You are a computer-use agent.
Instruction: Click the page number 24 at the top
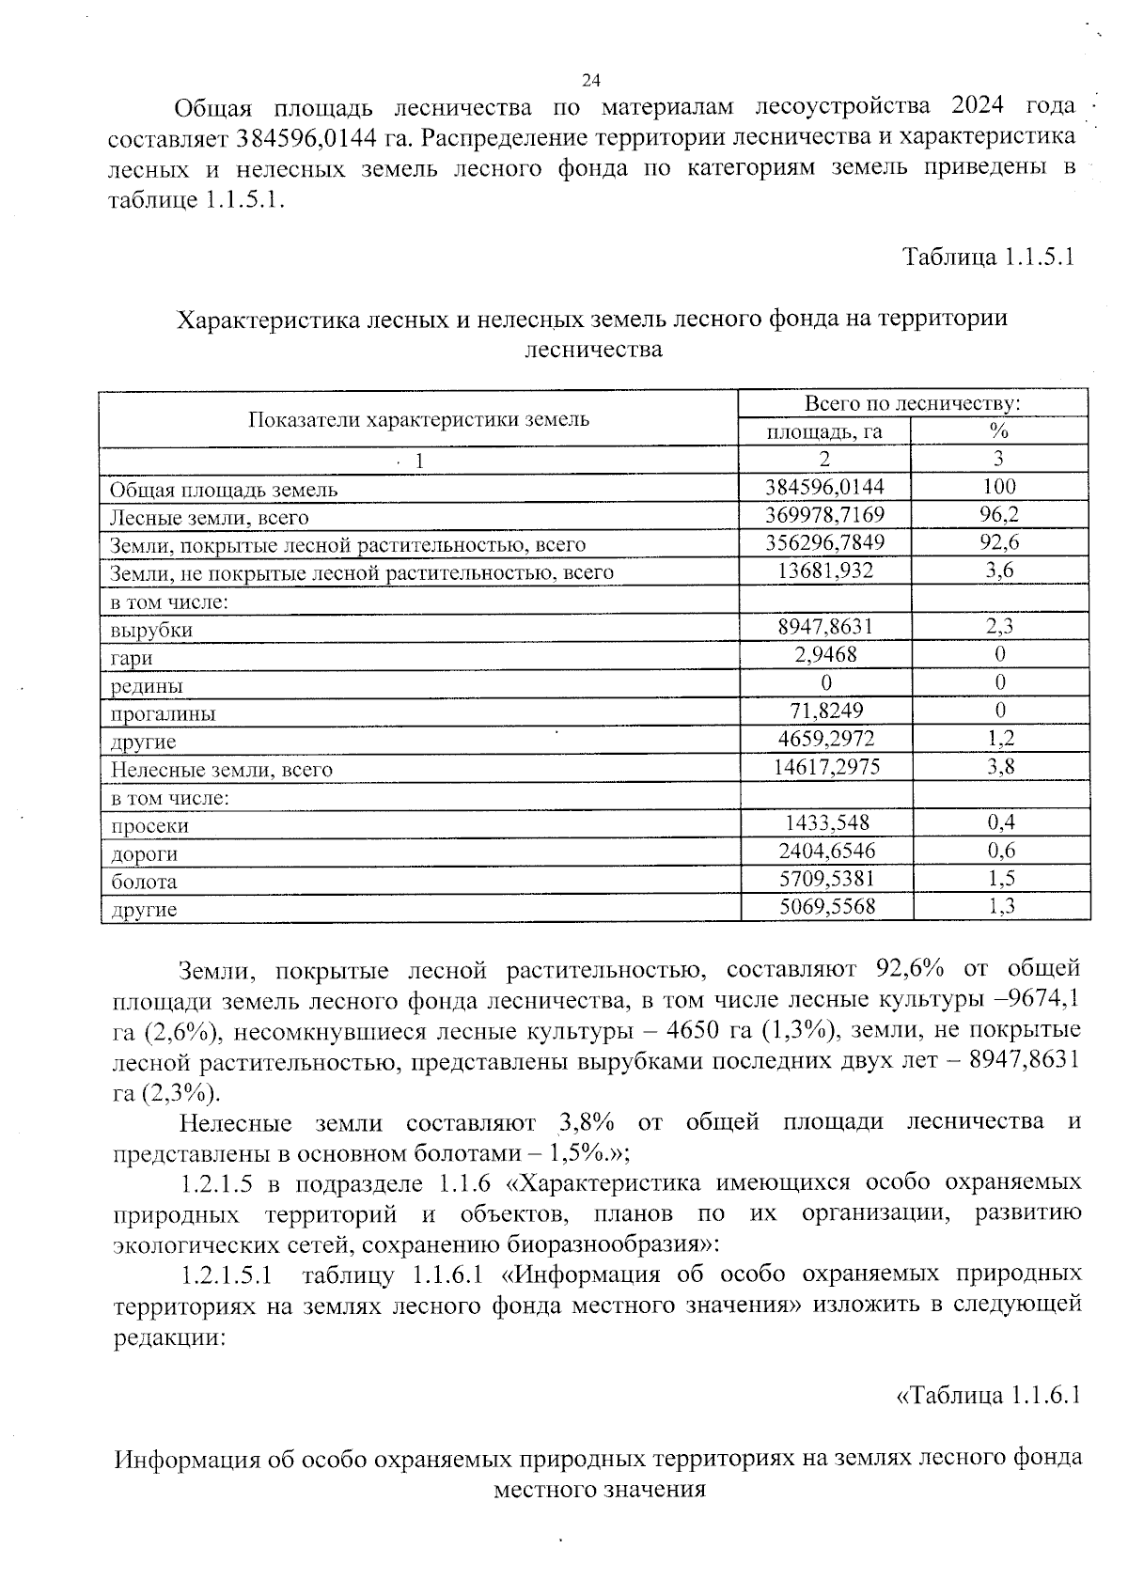[591, 80]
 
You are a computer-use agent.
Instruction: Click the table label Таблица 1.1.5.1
[988, 257]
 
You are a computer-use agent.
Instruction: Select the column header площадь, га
[824, 431]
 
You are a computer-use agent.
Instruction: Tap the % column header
[999, 431]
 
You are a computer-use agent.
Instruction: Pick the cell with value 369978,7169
[825, 515]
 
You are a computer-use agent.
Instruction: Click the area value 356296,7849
[825, 543]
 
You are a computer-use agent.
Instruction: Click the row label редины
[147, 686]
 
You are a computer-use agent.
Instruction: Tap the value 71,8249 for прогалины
[825, 711]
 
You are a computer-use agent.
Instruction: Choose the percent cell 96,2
[999, 515]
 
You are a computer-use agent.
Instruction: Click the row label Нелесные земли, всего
[222, 770]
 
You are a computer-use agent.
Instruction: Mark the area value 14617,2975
[825, 767]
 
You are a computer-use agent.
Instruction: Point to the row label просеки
[149, 826]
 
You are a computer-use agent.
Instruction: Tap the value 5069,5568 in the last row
[825, 907]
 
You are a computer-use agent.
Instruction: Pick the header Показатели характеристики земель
[419, 419]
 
